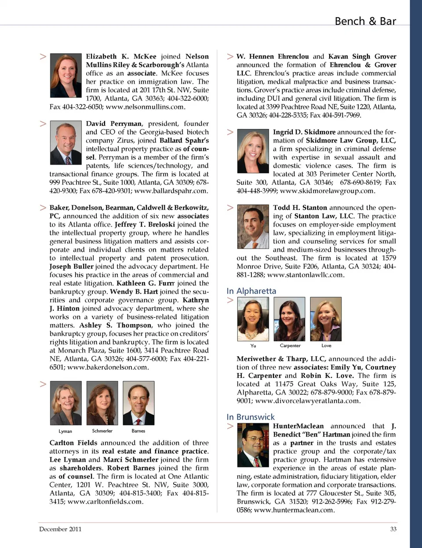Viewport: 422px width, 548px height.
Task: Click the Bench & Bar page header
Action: [x=365, y=21]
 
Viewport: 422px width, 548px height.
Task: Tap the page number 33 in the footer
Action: [x=393, y=529]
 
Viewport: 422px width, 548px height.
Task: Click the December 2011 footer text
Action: [x=60, y=529]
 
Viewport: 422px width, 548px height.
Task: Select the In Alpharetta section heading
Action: [x=251, y=291]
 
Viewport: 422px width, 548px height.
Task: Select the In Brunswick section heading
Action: [x=251, y=417]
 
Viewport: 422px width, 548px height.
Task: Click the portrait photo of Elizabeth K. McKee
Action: [x=66, y=75]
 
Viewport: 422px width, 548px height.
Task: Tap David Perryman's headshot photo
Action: [x=66, y=143]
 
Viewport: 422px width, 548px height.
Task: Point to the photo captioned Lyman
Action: [x=66, y=403]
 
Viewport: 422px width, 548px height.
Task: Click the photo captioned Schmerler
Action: [x=102, y=403]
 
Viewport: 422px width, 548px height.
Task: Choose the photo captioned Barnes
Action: [x=138, y=403]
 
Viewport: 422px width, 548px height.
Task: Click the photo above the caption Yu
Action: [x=253, y=319]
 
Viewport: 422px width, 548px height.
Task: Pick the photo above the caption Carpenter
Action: [x=290, y=319]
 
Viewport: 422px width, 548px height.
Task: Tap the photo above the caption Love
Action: [x=326, y=319]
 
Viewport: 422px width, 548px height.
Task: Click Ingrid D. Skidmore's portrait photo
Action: [x=253, y=151]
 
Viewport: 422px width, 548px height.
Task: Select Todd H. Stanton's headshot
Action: [x=253, y=227]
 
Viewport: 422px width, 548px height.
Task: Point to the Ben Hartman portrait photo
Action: [x=253, y=445]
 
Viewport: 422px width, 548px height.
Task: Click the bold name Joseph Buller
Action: [x=71, y=266]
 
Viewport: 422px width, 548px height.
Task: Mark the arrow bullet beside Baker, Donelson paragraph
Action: [x=43, y=207]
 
